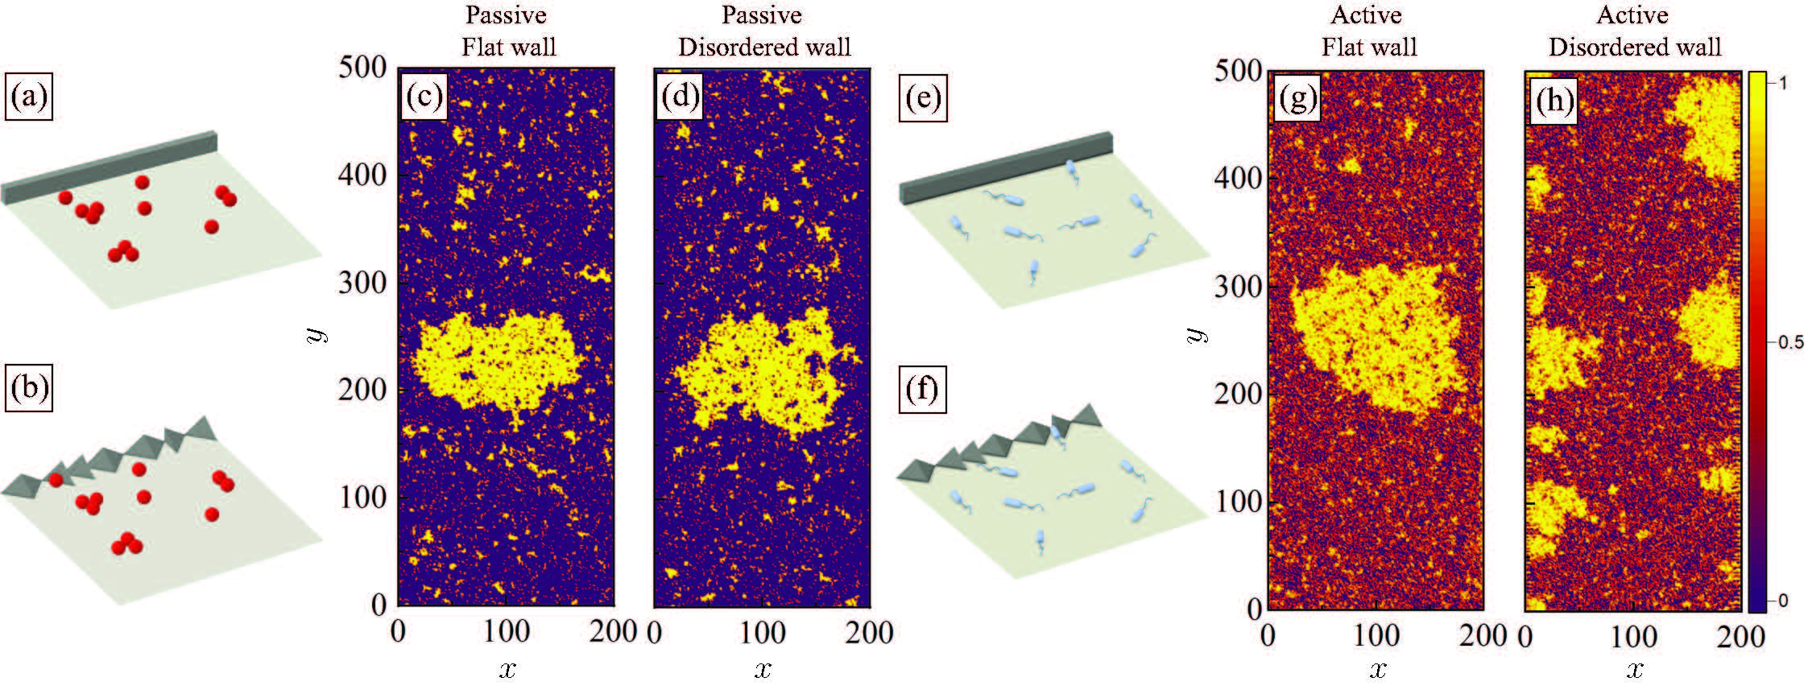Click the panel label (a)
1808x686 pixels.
point(29,98)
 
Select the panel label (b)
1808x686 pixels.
point(29,390)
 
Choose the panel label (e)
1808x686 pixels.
point(923,99)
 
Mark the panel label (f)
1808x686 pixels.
point(922,391)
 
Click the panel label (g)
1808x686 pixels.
point(1296,99)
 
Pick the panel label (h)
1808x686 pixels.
point(1553,101)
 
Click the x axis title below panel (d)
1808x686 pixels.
point(763,669)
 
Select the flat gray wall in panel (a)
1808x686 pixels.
point(109,167)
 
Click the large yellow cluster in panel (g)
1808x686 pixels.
point(1377,338)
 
